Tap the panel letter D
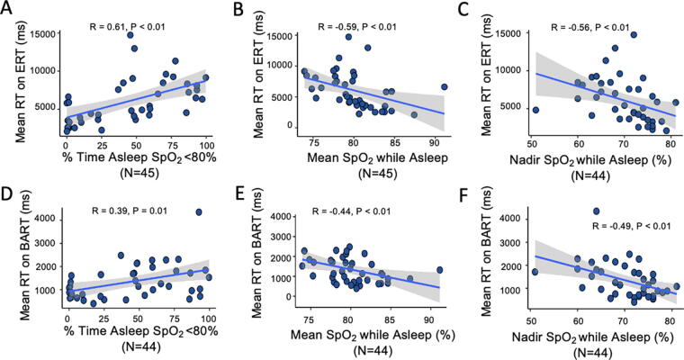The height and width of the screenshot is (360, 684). (7, 193)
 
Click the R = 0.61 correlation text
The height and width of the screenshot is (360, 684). (108, 27)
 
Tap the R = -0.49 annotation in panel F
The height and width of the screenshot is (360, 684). (612, 227)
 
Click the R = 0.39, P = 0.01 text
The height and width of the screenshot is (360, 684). (130, 211)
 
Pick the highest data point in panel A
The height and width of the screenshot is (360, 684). (130, 35)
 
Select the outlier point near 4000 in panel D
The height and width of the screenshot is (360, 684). (199, 212)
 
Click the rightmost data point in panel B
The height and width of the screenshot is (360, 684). (444, 86)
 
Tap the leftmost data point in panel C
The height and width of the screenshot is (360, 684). (535, 110)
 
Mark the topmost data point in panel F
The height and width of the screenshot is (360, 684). (597, 211)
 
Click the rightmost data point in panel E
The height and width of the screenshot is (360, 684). (440, 270)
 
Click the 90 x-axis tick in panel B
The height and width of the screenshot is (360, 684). (434, 142)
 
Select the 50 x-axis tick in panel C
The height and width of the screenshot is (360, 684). (531, 144)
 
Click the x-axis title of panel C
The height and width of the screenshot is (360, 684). (590, 160)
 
